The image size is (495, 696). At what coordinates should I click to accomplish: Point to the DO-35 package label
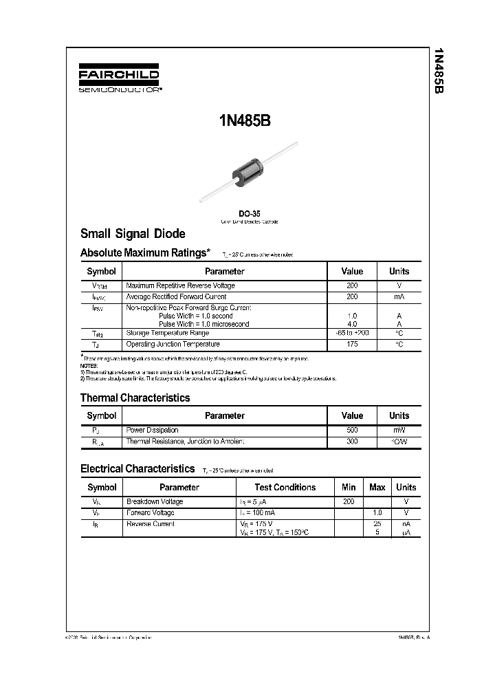pos(249,213)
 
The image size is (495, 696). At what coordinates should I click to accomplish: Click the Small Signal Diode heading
pos(133,234)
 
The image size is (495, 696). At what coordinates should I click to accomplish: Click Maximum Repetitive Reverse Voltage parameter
pos(180,285)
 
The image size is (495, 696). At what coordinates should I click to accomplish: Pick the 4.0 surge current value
pos(352,324)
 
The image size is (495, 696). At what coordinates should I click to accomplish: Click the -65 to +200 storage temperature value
pos(352,333)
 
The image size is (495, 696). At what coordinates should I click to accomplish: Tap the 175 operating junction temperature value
pos(352,344)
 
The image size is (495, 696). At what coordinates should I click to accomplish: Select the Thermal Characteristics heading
pos(135,398)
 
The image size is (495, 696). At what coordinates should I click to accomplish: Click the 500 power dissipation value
pos(352,430)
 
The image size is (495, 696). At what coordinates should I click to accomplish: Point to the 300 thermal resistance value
pos(352,441)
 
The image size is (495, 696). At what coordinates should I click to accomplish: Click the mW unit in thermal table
pos(399,430)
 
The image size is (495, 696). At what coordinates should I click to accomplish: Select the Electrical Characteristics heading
pos(137,468)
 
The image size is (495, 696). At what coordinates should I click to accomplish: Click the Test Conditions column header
pos(285,487)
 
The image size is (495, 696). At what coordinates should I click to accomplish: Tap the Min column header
pos(349,487)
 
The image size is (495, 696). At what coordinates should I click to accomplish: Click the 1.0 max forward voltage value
pos(377,513)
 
